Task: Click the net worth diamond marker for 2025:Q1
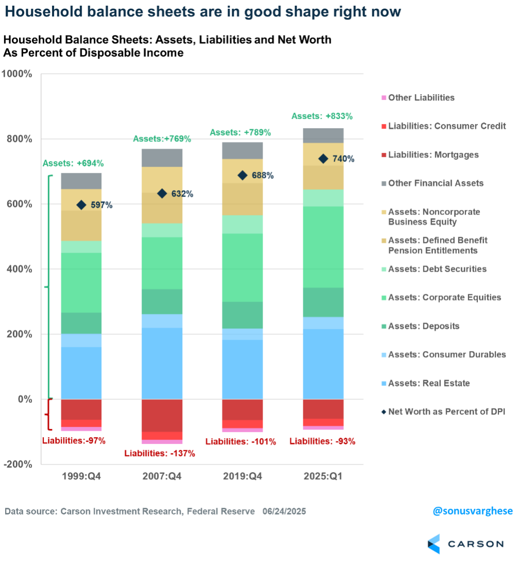[323, 158]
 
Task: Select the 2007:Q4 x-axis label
[162, 476]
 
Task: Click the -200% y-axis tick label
[19, 464]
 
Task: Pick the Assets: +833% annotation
[322, 116]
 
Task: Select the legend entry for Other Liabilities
[421, 97]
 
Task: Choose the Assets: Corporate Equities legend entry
[444, 297]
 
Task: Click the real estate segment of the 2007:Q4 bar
[162, 363]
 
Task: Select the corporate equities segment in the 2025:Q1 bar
[323, 246]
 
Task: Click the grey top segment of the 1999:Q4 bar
[81, 181]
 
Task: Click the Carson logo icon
[434, 544]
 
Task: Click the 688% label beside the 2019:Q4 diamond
[263, 175]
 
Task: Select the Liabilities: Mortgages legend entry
[433, 154]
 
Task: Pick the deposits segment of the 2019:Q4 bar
[243, 315]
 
